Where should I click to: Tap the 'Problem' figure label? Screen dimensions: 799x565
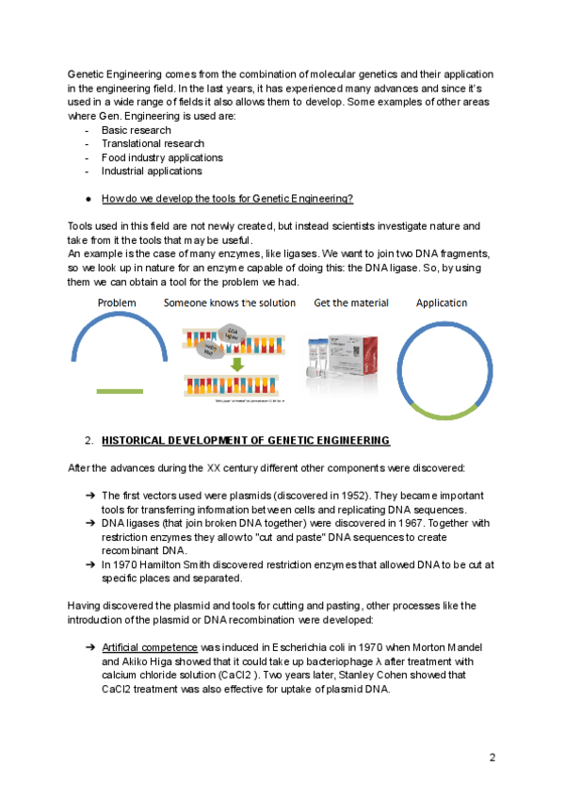click(x=117, y=303)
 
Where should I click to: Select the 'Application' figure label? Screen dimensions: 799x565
click(x=442, y=303)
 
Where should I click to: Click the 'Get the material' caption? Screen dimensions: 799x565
click(x=351, y=303)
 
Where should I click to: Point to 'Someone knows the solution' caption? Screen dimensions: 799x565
click(x=230, y=303)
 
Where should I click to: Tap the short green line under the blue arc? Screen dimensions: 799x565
click(x=120, y=391)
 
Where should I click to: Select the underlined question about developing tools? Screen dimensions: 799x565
click(x=228, y=199)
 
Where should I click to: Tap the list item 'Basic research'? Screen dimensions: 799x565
click(x=137, y=130)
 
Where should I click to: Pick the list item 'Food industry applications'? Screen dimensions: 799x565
click(x=162, y=157)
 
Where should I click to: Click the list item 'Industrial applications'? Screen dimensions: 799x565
click(x=152, y=171)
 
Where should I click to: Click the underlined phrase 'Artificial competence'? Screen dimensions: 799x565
click(x=150, y=648)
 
